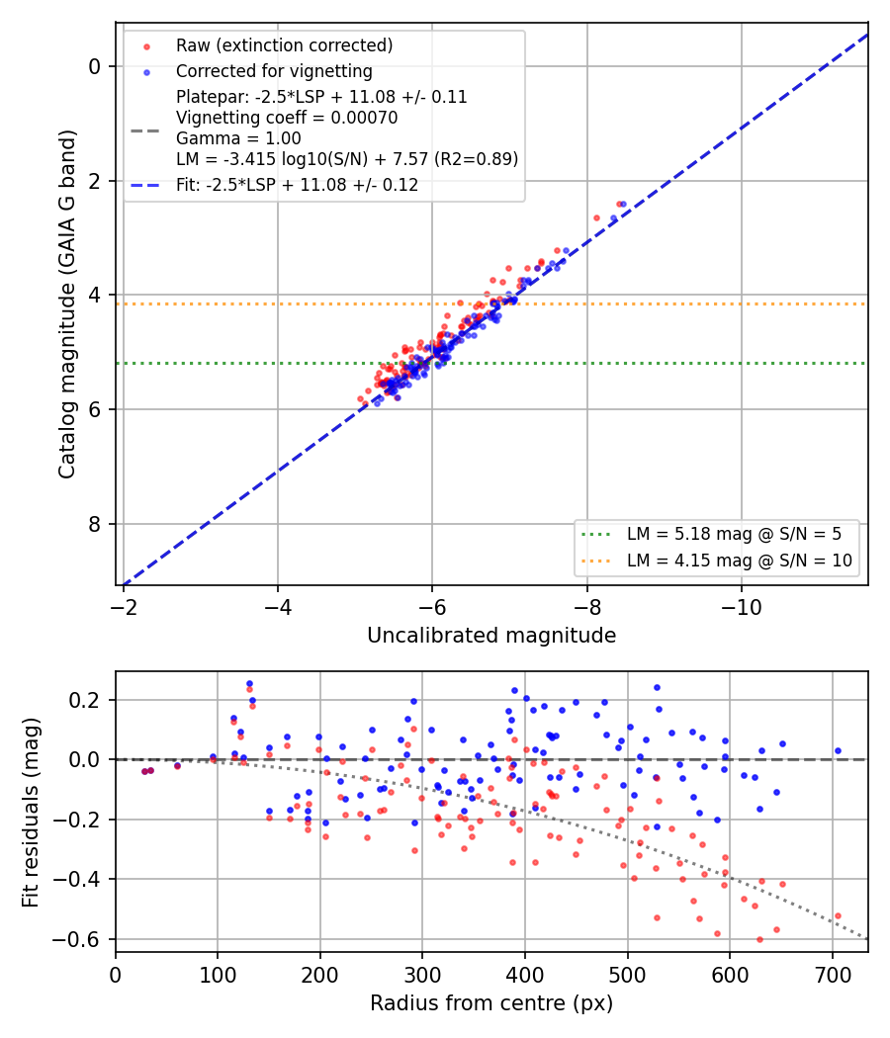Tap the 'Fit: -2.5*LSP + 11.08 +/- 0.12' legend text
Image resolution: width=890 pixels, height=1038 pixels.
pyautogui.click(x=298, y=185)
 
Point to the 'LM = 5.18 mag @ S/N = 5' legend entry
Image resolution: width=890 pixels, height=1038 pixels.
pyautogui.click(x=734, y=534)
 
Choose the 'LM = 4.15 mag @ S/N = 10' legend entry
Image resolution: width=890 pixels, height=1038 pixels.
pyautogui.click(x=739, y=561)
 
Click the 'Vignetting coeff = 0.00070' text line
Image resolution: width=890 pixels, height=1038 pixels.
pyautogui.click(x=287, y=118)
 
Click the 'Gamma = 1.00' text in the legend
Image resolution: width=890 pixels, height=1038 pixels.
pyautogui.click(x=238, y=138)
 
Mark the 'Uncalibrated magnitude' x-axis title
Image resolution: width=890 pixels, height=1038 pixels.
pyautogui.click(x=491, y=636)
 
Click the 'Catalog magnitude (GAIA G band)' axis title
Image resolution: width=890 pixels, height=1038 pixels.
pyautogui.click(x=66, y=303)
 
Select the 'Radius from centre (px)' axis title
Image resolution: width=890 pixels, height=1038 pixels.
pyautogui.click(x=491, y=1003)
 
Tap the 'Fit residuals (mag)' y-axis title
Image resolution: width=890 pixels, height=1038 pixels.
pyautogui.click(x=31, y=813)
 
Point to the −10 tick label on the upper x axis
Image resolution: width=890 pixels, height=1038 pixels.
pyautogui.click(x=741, y=607)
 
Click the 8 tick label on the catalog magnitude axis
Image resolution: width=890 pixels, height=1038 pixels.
pyautogui.click(x=95, y=524)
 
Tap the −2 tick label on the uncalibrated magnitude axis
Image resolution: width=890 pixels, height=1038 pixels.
pyautogui.click(x=124, y=607)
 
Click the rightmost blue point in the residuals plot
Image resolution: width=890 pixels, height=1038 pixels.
pyautogui.click(x=838, y=750)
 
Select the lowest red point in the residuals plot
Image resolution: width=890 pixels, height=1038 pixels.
pyautogui.click(x=759, y=939)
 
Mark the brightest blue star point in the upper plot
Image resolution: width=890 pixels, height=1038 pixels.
pyautogui.click(x=623, y=205)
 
